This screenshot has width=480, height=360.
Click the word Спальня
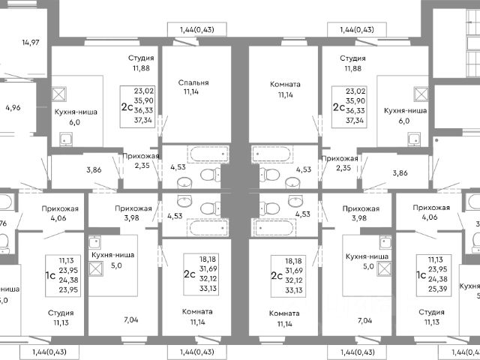click(193, 83)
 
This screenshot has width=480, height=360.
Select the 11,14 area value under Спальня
click(193, 94)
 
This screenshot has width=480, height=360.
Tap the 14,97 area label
click(31, 42)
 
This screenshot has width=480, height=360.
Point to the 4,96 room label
click(13, 108)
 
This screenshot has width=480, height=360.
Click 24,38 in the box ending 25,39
click(439, 278)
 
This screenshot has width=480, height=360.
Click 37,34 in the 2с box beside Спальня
click(143, 119)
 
